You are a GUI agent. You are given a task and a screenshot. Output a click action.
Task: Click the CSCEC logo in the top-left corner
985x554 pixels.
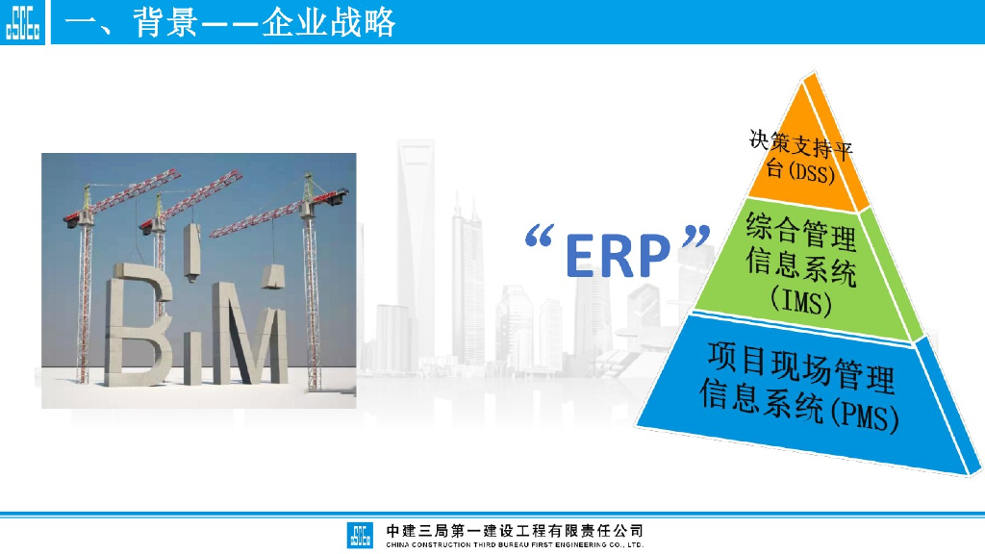click(x=23, y=22)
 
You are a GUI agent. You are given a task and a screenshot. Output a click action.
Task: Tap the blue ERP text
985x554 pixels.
click(x=619, y=255)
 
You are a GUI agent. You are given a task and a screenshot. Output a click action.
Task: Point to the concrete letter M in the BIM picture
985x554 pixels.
click(x=250, y=334)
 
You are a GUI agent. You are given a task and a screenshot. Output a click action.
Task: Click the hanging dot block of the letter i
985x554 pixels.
click(x=192, y=252)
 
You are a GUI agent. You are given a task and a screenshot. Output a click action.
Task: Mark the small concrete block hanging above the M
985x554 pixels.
click(x=273, y=276)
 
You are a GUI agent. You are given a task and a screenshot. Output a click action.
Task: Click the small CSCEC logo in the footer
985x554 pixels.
click(x=360, y=535)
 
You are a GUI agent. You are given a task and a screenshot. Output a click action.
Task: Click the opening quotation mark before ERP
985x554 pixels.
click(x=539, y=237)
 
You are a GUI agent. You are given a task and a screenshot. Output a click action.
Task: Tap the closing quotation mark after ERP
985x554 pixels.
click(x=696, y=237)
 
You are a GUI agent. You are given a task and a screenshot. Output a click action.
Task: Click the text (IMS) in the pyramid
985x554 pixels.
click(x=801, y=301)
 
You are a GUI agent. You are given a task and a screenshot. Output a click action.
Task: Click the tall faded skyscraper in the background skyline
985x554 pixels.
click(x=416, y=251)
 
